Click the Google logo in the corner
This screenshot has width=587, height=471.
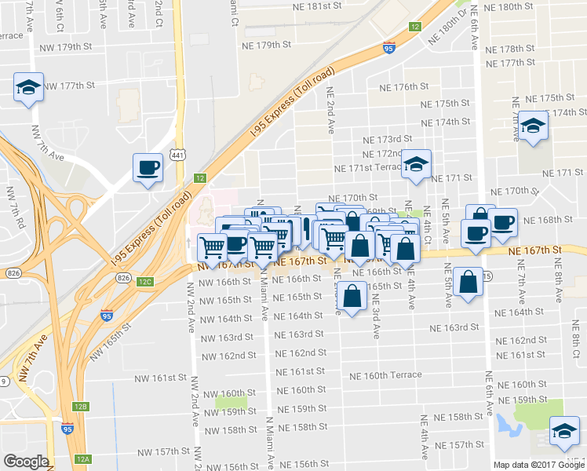pos(26,462)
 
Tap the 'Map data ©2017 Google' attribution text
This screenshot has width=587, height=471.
pos(539,465)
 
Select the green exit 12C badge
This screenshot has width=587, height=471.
pos(144,281)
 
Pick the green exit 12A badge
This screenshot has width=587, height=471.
pos(84,459)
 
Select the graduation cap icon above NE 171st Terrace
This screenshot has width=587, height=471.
pos(415,163)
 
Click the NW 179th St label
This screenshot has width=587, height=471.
pos(64,47)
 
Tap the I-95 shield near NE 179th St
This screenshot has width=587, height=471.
pos(389,49)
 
